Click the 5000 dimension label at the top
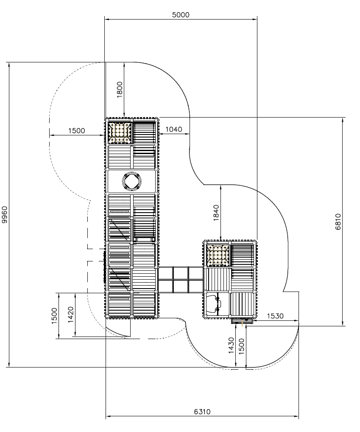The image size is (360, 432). click(x=181, y=15)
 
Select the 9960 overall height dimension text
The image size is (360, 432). click(x=5, y=215)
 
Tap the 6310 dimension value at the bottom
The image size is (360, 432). click(x=202, y=412)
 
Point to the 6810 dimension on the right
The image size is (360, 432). click(x=338, y=222)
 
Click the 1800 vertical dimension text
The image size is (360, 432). click(x=120, y=90)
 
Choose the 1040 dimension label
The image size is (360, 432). click(x=174, y=129)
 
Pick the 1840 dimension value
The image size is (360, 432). click(x=216, y=213)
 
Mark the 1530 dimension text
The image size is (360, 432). click(x=275, y=316)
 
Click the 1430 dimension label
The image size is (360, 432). click(x=231, y=345)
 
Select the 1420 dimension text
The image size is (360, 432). click(x=71, y=314)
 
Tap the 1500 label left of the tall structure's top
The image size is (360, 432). click(x=76, y=131)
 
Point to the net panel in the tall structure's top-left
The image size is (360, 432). click(x=120, y=133)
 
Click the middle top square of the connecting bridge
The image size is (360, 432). click(x=181, y=273)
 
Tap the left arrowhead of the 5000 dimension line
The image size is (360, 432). click(x=107, y=19)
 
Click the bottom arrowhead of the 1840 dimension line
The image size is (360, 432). click(x=221, y=238)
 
